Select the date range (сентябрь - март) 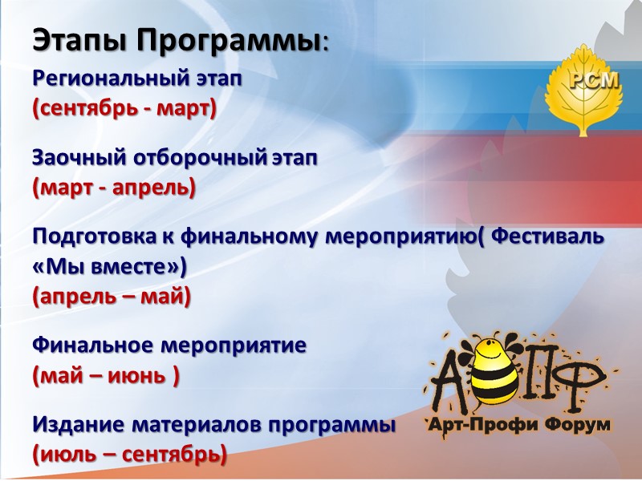(124, 108)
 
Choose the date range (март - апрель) (114, 188)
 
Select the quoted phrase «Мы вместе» (108, 267)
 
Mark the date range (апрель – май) (112, 297)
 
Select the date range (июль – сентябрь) (129, 455)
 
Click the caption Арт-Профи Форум (518, 424)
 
